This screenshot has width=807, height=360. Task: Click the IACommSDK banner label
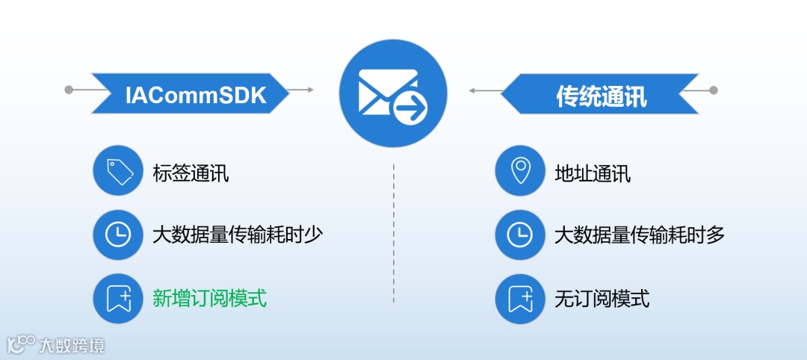point(196,94)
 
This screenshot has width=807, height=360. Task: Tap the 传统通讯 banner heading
point(601,94)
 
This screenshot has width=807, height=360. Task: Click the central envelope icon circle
point(393,93)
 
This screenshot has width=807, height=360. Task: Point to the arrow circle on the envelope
point(410,111)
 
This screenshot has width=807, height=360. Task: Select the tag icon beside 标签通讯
point(118,171)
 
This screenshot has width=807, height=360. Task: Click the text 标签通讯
point(190,173)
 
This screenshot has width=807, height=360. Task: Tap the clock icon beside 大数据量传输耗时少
point(118,235)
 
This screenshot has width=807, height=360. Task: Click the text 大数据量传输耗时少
point(238,235)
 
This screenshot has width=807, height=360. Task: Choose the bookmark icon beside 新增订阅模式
point(118,300)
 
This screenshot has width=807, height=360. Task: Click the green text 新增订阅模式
point(209,300)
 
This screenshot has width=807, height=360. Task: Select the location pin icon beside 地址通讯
point(520,171)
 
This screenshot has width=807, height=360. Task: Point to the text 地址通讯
point(593,173)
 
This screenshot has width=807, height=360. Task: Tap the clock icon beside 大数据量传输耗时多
point(520,235)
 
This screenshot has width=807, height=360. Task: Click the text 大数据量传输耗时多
point(640,235)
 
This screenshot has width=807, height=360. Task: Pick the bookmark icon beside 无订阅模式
point(520,300)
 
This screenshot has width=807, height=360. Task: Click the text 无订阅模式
point(602,300)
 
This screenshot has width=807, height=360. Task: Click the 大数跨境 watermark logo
point(56,344)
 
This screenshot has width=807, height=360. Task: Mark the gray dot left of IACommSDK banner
point(69,90)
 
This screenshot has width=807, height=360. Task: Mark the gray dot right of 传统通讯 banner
point(713,90)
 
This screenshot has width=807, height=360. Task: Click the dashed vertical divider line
point(394,232)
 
